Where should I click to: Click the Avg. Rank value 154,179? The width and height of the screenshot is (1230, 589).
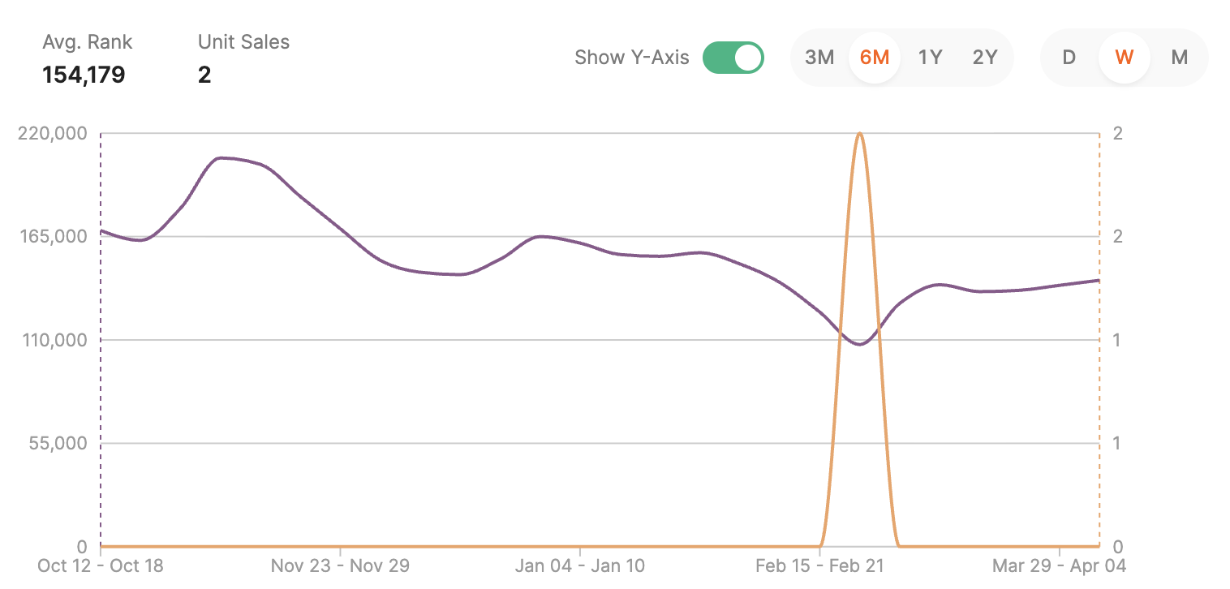point(84,75)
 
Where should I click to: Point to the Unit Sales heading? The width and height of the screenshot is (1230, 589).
point(243,42)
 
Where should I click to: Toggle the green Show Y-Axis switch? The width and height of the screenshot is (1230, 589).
point(733,58)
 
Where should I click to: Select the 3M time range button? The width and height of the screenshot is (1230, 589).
point(819,58)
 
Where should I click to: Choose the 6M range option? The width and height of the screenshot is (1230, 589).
point(875,58)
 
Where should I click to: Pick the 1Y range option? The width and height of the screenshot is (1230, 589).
point(930,58)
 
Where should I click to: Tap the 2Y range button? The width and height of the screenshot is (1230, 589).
point(985,58)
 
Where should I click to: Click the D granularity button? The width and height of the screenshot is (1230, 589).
point(1069,58)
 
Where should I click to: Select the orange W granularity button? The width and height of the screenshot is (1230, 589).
point(1124,58)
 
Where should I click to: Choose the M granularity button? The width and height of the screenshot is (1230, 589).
point(1179,58)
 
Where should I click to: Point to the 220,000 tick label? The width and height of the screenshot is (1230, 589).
point(53,133)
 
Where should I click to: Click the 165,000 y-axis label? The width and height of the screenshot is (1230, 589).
point(53,237)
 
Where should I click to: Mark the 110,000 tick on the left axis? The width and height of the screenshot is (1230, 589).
point(53,340)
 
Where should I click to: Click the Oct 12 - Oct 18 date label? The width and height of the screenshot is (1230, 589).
point(101,565)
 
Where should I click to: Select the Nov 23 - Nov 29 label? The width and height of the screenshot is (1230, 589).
point(340,565)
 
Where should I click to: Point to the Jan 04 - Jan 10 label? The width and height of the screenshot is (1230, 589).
point(580,565)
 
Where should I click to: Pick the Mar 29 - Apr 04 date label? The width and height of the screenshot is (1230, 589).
point(1059,565)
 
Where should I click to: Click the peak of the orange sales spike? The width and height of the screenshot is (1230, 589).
point(859,133)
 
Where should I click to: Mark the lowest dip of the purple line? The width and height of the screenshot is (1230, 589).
point(859,345)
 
